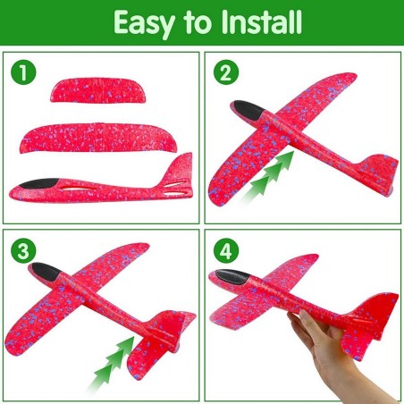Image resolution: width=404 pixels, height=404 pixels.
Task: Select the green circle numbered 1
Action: pos(23,72)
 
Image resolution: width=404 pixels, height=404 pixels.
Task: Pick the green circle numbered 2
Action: pos(226,72)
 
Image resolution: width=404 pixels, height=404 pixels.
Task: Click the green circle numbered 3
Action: pos(23,250)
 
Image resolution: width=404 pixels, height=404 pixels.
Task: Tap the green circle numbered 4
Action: pos(226,250)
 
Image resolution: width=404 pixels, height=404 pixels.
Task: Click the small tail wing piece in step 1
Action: pos(98,90)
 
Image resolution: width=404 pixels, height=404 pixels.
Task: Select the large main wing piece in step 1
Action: pos(98,138)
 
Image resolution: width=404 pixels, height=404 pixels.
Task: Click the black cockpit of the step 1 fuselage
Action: pos(39,183)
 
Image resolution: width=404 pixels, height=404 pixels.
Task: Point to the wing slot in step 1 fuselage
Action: pos(78,189)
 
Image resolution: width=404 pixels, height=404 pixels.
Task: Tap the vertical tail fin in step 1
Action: pos(179,170)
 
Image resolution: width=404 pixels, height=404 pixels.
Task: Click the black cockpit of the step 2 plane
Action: pos(248,111)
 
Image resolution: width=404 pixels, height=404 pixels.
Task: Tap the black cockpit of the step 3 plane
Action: pos(46,271)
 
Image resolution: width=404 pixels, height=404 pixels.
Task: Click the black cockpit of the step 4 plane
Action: pos(233,276)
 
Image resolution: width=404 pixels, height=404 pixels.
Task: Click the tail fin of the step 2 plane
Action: pos(380,170)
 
